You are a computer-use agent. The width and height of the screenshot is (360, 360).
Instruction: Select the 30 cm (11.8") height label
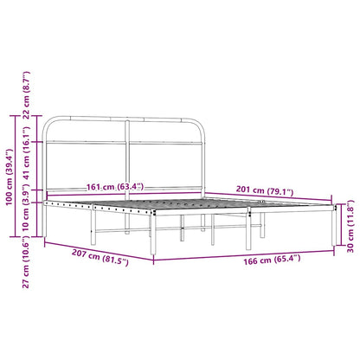point(349,227)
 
